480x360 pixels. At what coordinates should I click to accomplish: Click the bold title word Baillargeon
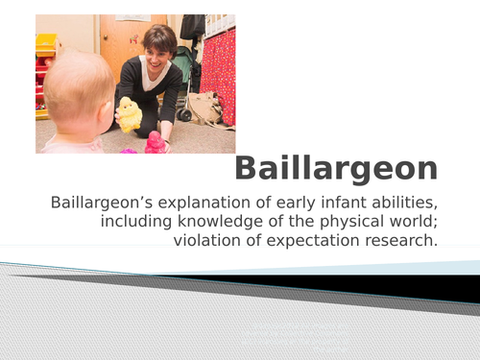click(x=336, y=169)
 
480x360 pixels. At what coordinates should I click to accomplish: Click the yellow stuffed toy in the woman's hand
click(x=128, y=114)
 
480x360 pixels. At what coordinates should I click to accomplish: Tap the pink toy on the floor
click(x=153, y=143)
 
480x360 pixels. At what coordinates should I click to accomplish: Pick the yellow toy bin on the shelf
click(x=45, y=44)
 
